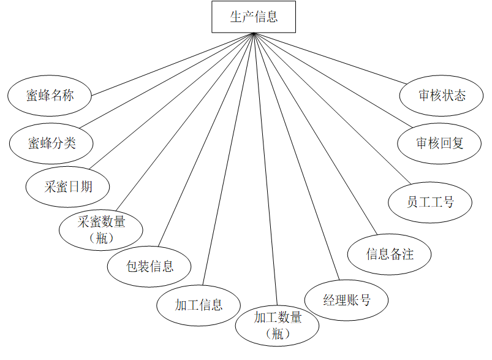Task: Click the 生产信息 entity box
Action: tap(254, 17)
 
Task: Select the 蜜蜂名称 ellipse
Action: tap(50, 96)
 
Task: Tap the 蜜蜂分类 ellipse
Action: tap(51, 143)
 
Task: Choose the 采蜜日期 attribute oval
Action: tap(68, 186)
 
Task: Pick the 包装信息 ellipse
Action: tap(149, 266)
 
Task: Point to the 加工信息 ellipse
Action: tap(199, 304)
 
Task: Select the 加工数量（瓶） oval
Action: tap(278, 324)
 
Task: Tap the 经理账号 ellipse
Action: tap(347, 300)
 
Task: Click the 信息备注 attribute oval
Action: tap(390, 253)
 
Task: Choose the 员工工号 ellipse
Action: tap(430, 201)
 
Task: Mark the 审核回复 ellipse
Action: tap(440, 143)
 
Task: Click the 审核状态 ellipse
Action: tap(442, 95)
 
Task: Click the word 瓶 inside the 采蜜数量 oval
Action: tap(102, 238)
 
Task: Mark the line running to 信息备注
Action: tap(312, 134)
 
